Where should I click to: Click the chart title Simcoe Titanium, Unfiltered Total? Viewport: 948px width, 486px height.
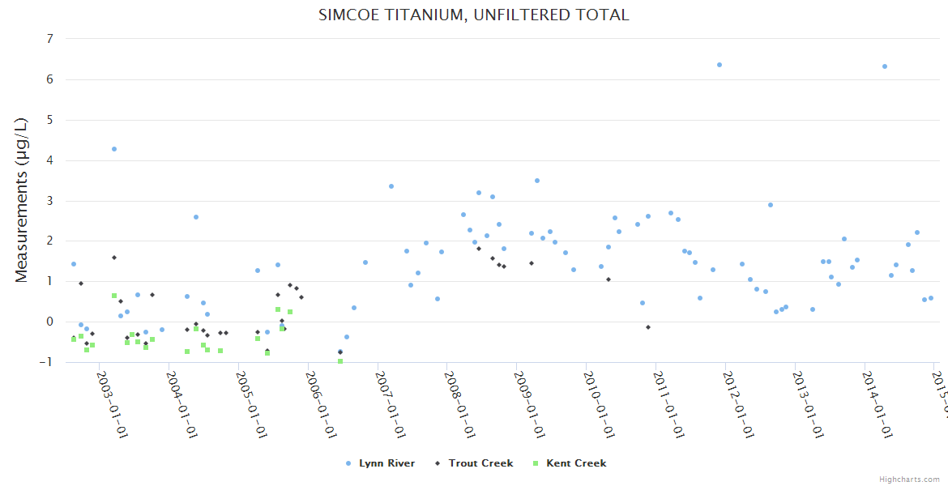pos(474,15)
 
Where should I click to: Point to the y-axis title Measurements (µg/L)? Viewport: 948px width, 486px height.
pos(22,200)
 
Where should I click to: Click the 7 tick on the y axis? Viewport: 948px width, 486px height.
pos(49,39)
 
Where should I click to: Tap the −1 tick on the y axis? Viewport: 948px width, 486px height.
pos(46,362)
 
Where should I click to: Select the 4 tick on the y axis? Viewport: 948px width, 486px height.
pos(49,160)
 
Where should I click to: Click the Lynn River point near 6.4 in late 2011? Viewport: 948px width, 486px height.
pos(719,65)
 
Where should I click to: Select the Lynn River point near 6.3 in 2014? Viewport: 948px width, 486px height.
pos(885,66)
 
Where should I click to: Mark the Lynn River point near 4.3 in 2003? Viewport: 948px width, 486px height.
pos(114,149)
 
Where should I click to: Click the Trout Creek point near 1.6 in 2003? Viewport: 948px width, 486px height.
pos(114,258)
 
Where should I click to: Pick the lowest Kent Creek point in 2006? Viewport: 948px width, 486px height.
pos(340,361)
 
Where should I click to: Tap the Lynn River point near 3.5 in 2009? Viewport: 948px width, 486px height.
pos(536,181)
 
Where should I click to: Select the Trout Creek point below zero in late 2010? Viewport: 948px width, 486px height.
pos(648,327)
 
